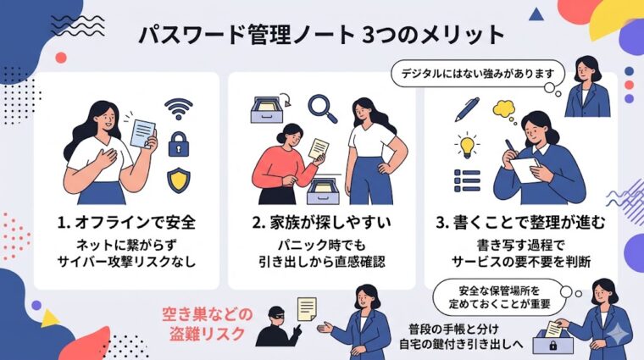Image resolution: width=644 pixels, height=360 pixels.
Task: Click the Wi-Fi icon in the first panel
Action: coord(178,108)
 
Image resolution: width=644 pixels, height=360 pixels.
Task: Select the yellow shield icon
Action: coord(178,179)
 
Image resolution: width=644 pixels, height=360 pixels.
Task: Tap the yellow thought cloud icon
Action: coord(502,108)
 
